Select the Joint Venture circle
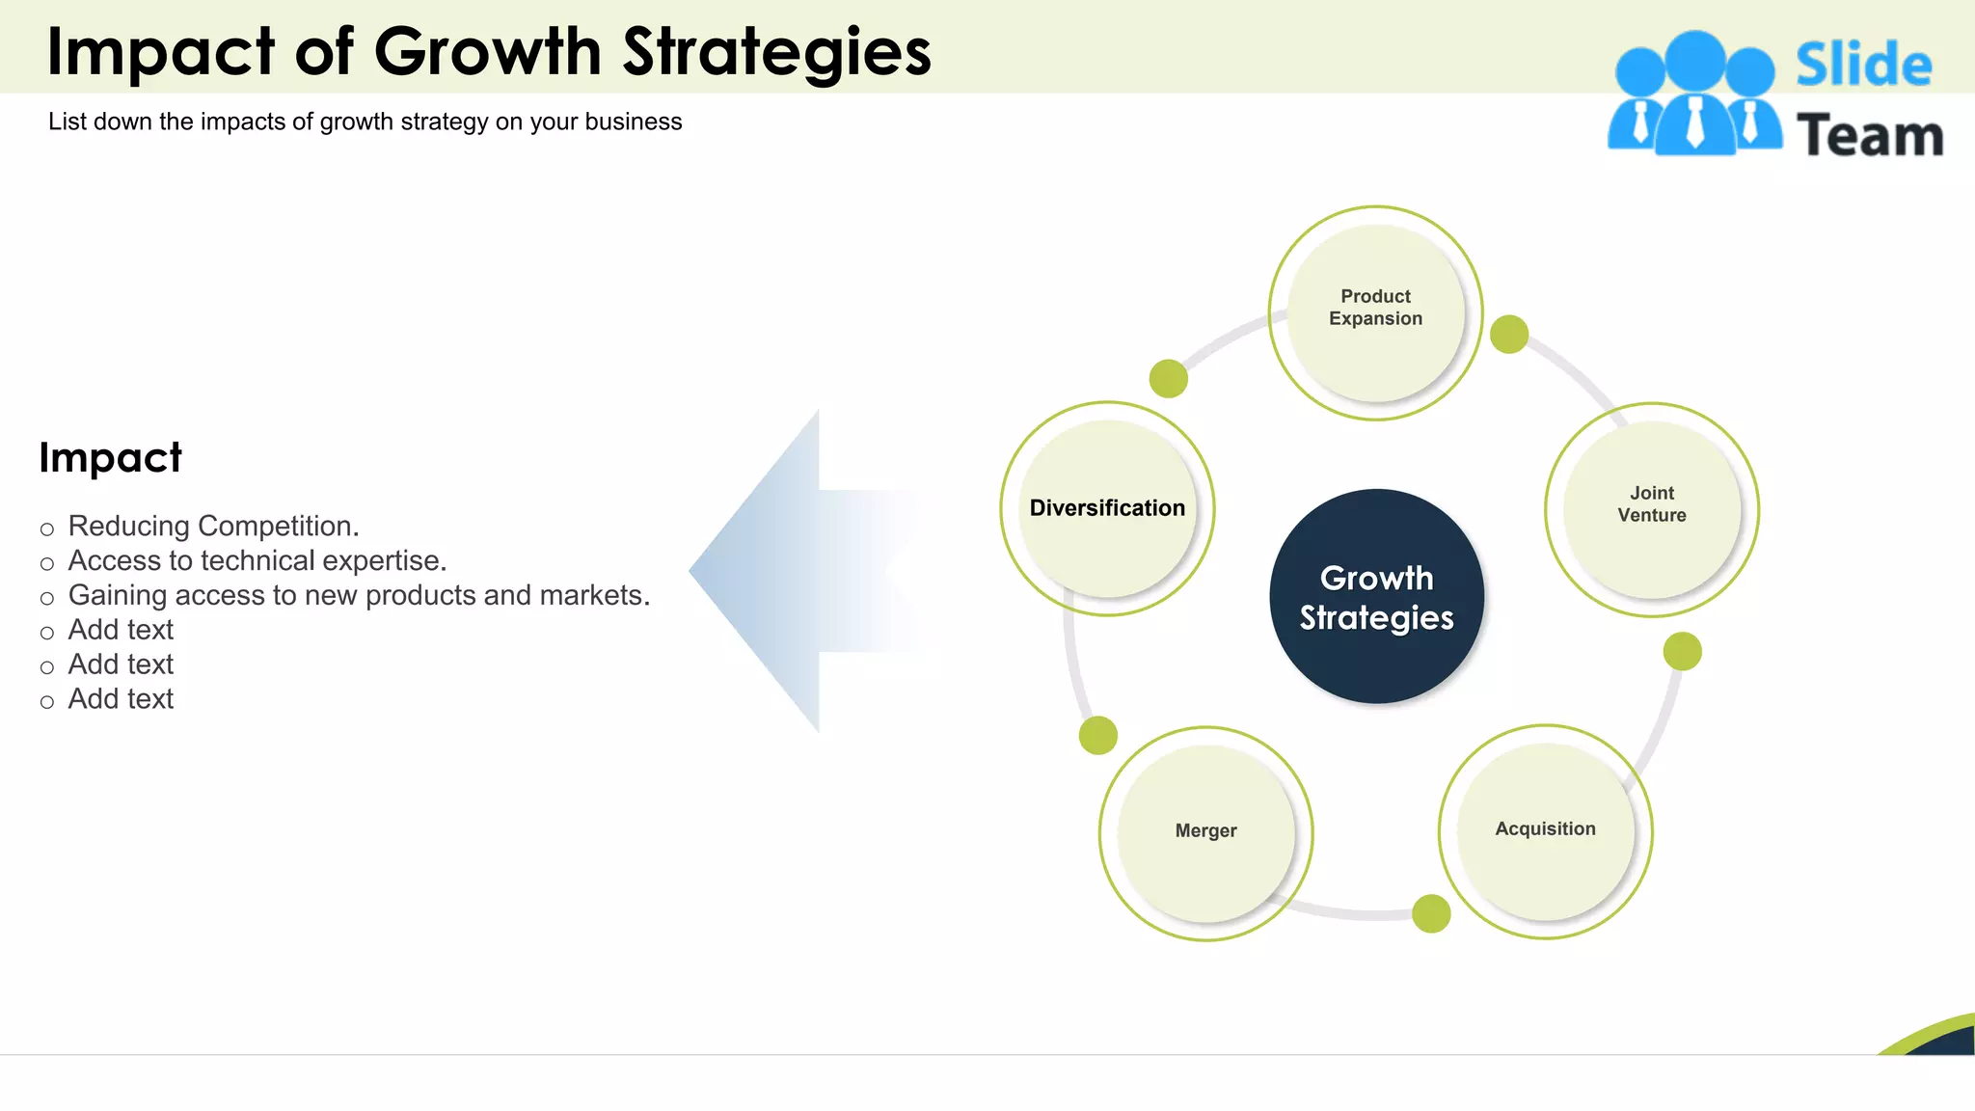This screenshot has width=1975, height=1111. [x=1651, y=508]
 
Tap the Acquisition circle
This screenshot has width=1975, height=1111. [x=1545, y=830]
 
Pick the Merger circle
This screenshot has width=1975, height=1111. [x=1205, y=832]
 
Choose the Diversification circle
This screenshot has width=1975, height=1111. [x=1107, y=508]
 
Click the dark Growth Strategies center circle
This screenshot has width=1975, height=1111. [x=1376, y=597]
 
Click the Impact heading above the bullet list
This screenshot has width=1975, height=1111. [x=110, y=457]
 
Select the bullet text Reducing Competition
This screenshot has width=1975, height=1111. [x=213, y=527]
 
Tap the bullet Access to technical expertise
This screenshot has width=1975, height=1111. [x=257, y=561]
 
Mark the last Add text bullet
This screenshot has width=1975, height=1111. [x=121, y=699]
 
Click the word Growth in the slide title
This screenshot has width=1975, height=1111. [x=486, y=52]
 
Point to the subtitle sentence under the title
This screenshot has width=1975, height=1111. [x=365, y=122]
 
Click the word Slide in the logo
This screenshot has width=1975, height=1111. [x=1863, y=66]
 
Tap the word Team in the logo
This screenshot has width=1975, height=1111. [x=1869, y=136]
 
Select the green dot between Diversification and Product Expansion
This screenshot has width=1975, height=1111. [x=1168, y=378]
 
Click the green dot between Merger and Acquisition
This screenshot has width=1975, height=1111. [x=1430, y=913]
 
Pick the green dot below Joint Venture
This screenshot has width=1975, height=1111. [x=1682, y=651]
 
